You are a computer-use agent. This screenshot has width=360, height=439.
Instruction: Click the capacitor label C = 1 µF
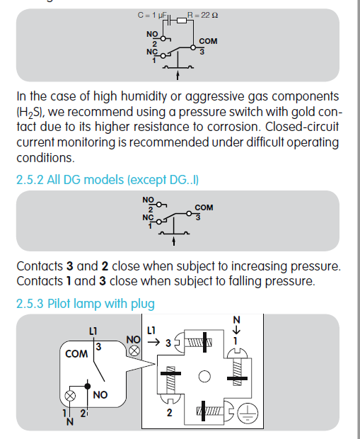(152, 15)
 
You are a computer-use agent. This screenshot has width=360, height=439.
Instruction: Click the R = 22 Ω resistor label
(202, 15)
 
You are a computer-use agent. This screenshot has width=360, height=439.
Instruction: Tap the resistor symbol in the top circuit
(182, 21)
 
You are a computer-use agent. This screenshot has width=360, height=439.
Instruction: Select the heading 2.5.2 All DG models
(108, 180)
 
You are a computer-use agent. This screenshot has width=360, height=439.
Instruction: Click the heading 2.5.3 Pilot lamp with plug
(86, 304)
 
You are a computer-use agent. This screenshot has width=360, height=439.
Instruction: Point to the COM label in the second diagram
(204, 207)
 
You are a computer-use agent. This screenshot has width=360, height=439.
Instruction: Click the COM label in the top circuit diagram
(208, 41)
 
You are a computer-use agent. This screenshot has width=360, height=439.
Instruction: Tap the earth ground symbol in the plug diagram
(248, 414)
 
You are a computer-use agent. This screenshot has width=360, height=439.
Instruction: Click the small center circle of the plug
(204, 376)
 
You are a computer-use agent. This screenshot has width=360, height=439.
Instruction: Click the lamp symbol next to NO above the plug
(134, 350)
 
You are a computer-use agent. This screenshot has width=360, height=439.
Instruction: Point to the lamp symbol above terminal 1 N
(70, 396)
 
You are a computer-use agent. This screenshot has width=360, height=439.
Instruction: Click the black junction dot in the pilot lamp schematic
(88, 387)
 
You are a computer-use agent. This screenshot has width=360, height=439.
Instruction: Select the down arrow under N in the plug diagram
(236, 330)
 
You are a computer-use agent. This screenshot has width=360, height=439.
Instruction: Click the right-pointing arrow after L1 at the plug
(154, 342)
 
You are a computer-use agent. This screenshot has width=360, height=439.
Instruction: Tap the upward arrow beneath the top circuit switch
(178, 75)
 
